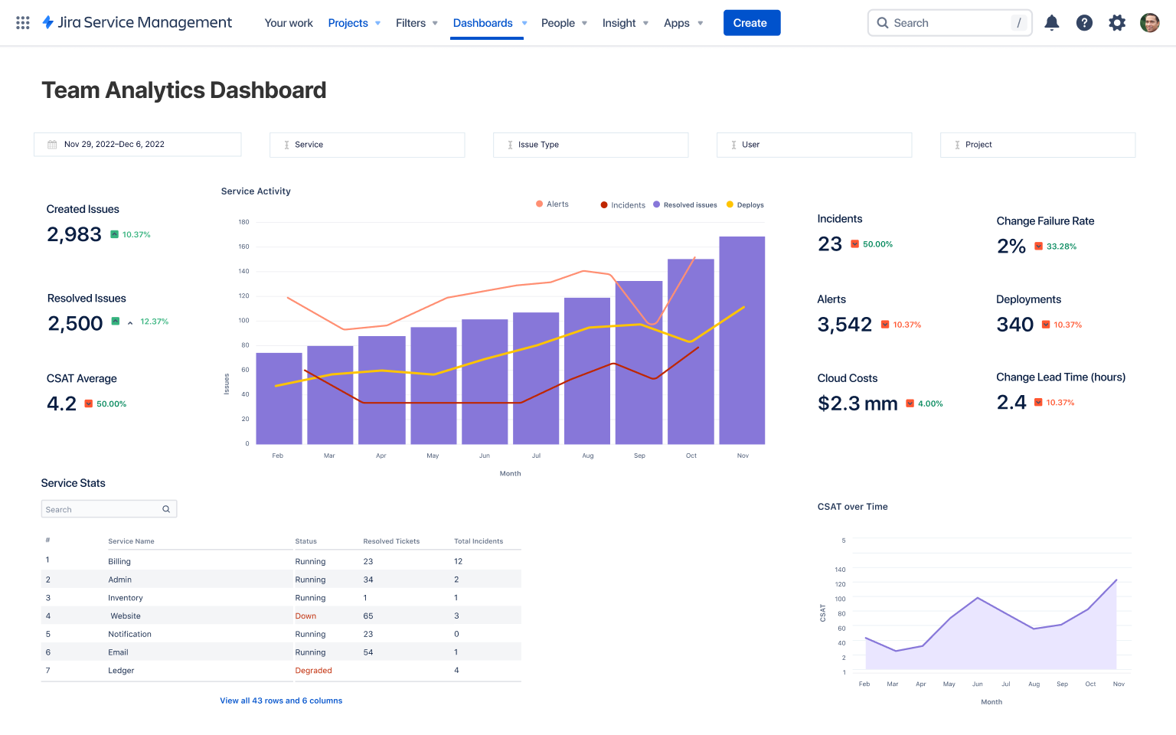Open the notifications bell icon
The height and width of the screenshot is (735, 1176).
[1052, 23]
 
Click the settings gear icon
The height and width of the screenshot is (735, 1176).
[1117, 23]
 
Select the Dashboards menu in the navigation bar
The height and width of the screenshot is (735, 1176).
[483, 23]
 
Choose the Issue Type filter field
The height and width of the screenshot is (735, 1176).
[590, 145]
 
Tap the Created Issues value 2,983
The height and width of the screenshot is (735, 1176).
[74, 234]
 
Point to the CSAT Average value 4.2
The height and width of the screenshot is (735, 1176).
[62, 403]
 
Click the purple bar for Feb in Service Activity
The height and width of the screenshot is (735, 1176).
[279, 398]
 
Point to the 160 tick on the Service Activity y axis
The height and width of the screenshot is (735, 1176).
[243, 247]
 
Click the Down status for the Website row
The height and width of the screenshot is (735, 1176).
[305, 616]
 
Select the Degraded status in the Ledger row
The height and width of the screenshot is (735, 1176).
[313, 671]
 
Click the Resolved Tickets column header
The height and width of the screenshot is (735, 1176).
[391, 541]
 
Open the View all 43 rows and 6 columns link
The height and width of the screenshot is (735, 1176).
[281, 701]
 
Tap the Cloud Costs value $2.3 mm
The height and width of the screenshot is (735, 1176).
[857, 403]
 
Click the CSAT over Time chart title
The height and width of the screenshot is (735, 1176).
[852, 507]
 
